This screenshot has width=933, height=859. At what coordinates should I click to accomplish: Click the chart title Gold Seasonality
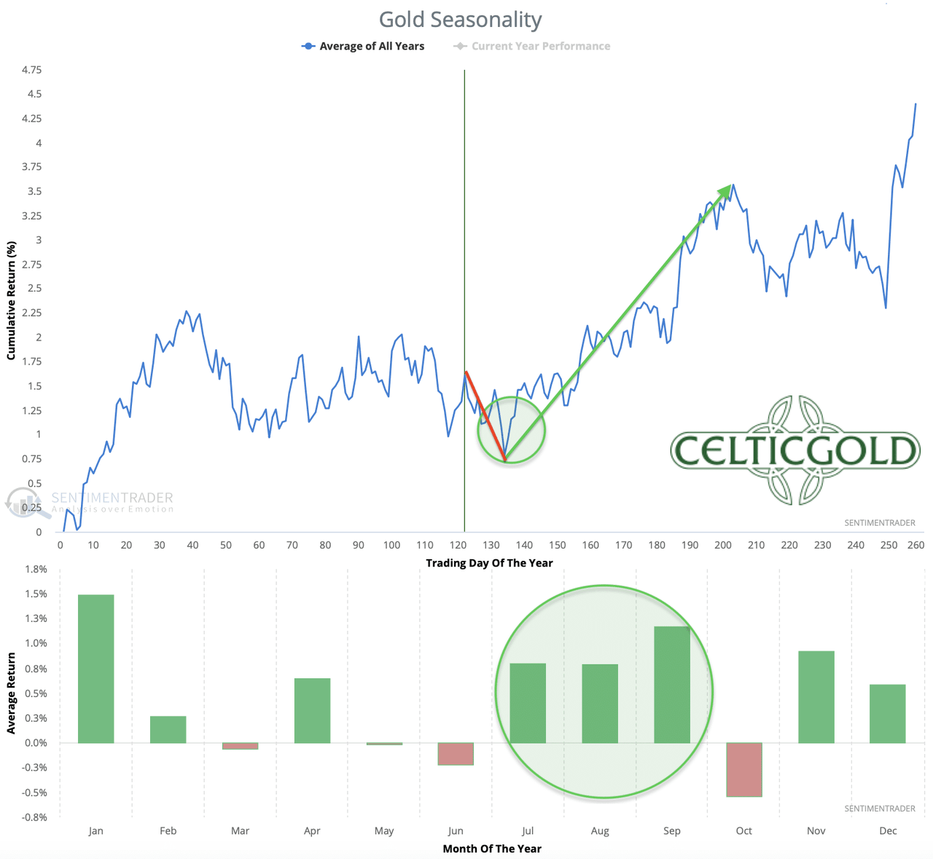coord(460,20)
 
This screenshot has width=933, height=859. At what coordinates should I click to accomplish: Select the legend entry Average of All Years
coord(363,46)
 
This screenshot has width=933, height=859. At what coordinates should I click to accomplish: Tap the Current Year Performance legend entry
coord(532,46)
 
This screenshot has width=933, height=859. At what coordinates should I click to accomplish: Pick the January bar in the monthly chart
coord(96,669)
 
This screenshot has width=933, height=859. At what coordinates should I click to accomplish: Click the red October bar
coord(744,769)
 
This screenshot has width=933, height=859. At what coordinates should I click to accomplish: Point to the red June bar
coord(456,753)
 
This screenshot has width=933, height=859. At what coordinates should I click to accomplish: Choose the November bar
coord(816,696)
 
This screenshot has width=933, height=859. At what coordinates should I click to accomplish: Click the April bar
coord(312,710)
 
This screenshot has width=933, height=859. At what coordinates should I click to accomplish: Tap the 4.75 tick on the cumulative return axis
coord(31,70)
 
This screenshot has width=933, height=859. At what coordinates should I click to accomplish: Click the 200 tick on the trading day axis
coord(723,545)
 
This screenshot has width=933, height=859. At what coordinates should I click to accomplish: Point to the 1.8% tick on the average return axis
coord(36,569)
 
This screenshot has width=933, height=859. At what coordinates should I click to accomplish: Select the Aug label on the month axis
coord(600,831)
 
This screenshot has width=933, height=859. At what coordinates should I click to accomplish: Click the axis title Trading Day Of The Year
coord(489,563)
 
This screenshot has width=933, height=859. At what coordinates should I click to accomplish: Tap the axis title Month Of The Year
coord(492,848)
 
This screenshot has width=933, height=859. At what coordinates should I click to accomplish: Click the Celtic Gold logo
coord(795,450)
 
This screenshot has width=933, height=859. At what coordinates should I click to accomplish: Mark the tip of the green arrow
coord(730,186)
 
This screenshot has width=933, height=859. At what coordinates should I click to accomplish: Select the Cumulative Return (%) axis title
coord(11,300)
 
